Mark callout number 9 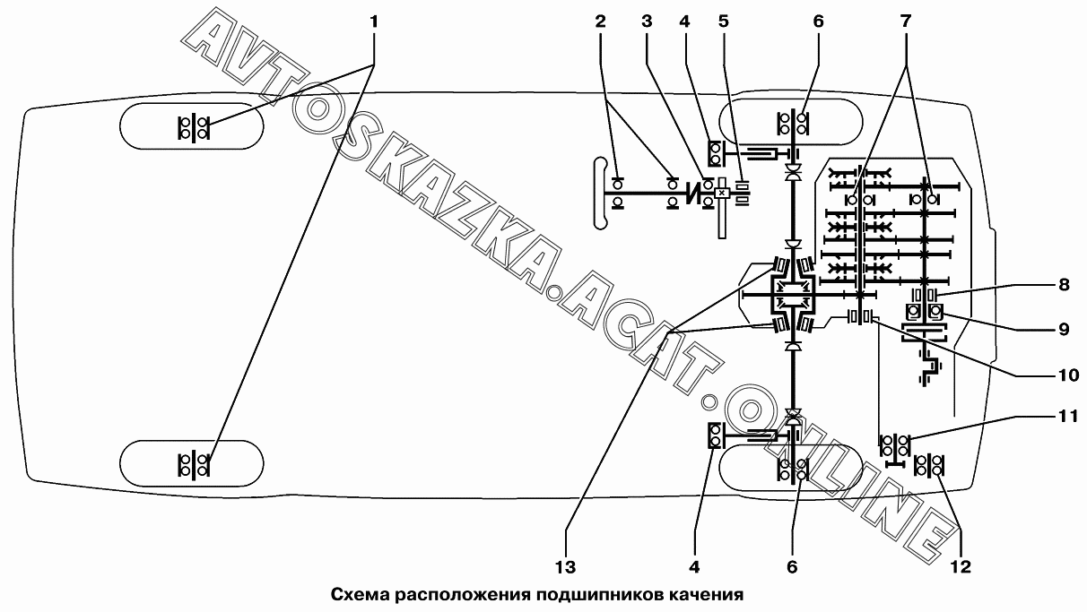tap(1064, 328)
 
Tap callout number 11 tap(1064, 417)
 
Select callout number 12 tap(961, 566)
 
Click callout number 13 tap(565, 566)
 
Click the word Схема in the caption tap(358, 594)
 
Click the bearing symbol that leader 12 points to tap(929, 466)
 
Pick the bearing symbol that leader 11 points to tap(895, 444)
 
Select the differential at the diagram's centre tap(792, 292)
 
